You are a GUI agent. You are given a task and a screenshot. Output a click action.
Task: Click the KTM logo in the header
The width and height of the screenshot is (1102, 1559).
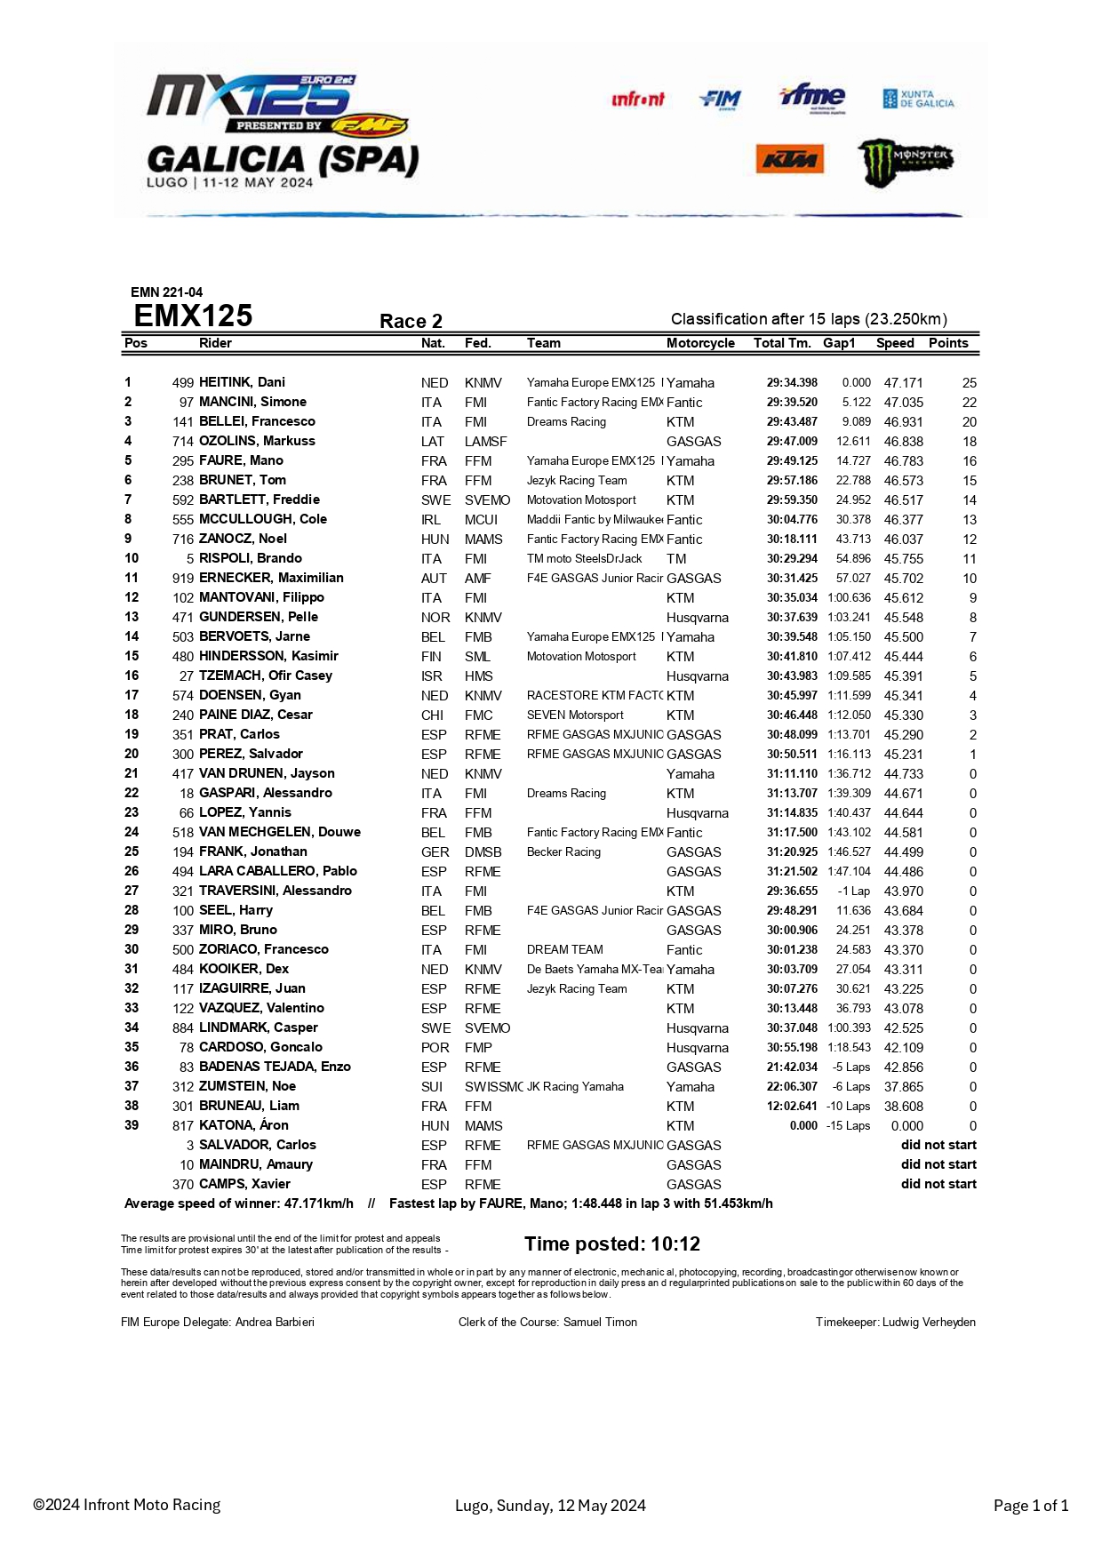pyautogui.click(x=789, y=160)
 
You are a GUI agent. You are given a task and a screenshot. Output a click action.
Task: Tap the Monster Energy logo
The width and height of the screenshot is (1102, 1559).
pyautogui.click(x=905, y=162)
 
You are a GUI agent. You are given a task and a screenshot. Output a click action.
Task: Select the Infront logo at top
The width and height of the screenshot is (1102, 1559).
pyautogui.click(x=637, y=100)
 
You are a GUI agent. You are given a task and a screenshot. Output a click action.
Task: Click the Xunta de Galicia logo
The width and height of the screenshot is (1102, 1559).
pyautogui.click(x=918, y=99)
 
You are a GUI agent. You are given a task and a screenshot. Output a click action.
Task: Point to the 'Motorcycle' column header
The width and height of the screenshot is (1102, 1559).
pyautogui.click(x=700, y=343)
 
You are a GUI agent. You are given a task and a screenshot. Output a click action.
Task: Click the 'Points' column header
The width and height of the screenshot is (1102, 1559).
pyautogui.click(x=948, y=343)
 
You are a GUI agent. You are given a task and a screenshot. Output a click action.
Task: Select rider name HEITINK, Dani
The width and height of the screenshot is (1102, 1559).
pyautogui.click(x=242, y=382)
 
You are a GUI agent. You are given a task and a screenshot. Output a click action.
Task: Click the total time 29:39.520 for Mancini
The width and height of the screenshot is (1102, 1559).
pyautogui.click(x=792, y=403)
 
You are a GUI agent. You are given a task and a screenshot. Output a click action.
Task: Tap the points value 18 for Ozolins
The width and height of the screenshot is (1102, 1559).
pyautogui.click(x=969, y=442)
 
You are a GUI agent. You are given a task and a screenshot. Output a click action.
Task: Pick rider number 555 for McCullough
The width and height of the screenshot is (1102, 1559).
pyautogui.click(x=183, y=520)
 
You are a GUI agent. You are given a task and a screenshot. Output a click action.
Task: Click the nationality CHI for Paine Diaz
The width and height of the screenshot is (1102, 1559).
pyautogui.click(x=433, y=716)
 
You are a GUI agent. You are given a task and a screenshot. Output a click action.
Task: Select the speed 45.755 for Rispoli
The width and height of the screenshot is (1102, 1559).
pyautogui.click(x=903, y=559)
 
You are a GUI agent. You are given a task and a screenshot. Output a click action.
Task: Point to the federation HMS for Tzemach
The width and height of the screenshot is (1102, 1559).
pyautogui.click(x=478, y=676)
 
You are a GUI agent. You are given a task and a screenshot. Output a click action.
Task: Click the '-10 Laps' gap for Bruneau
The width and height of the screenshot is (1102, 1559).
pyautogui.click(x=848, y=1107)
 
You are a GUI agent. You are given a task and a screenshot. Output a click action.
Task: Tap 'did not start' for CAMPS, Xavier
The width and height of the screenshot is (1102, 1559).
pyautogui.click(x=938, y=1185)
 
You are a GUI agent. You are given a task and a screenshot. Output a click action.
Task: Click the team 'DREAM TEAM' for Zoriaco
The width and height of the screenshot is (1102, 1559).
pyautogui.click(x=564, y=950)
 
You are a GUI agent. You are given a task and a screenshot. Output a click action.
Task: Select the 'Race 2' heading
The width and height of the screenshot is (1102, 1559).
pyautogui.click(x=411, y=322)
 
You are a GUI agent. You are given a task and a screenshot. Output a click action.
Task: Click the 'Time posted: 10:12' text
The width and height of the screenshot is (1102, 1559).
pyautogui.click(x=612, y=1244)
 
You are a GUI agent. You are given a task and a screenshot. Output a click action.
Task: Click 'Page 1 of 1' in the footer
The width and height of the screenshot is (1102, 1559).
pyautogui.click(x=1030, y=1506)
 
